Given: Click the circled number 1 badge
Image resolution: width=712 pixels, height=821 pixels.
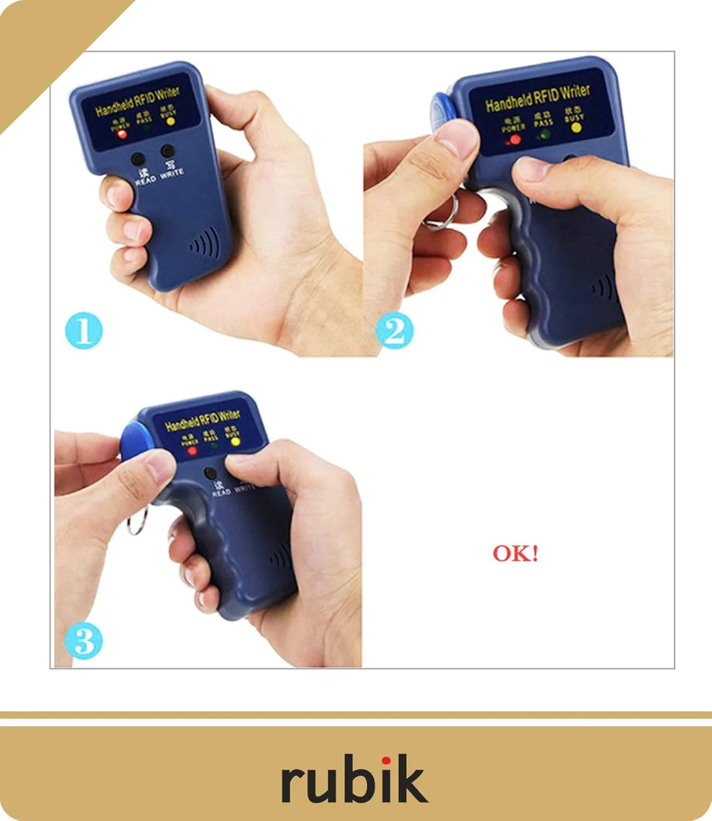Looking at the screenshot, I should pos(84,330).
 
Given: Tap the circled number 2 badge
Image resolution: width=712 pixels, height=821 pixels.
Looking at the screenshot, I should pos(394,331).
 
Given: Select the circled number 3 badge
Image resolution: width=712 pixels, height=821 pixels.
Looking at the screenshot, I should pos(84,640).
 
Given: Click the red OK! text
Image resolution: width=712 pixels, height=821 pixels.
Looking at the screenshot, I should pos(515,553).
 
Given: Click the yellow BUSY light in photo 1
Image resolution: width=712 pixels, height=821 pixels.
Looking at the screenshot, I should pos(170,122).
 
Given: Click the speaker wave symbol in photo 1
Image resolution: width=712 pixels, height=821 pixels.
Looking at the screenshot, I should pos(205,244).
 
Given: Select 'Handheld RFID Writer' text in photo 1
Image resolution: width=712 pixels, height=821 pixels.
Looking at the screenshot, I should pos(137,102).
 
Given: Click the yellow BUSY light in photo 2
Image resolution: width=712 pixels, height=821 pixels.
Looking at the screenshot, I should pos(576,128).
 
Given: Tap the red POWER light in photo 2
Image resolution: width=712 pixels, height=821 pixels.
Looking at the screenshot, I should pos(515,140).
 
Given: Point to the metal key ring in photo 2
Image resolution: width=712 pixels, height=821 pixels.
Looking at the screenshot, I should pos(441,213).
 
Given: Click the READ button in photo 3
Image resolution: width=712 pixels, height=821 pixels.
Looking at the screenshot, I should pos(210,473).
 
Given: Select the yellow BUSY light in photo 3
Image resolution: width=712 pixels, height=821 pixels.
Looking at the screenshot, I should pos(235,441).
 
